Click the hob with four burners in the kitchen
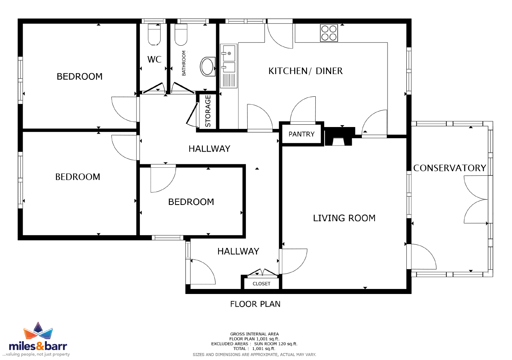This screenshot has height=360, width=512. (329, 33)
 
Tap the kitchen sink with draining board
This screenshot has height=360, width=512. (229, 66)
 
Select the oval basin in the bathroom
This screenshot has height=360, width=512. (207, 66)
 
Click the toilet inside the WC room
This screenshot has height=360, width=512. (154, 34)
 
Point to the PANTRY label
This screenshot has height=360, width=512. (302, 134)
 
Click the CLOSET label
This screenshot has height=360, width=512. (261, 284)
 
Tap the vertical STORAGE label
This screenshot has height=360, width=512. (208, 111)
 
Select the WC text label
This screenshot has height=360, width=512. (154, 59)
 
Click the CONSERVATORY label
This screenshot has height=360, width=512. (449, 168)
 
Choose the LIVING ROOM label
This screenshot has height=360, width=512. (344, 218)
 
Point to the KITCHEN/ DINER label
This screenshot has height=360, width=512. (305, 71)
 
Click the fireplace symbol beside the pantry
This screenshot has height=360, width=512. (340, 136)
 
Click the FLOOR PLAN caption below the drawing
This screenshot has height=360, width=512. (255, 304)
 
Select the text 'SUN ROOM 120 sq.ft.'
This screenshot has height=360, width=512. (276, 344)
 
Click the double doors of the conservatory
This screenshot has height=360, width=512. (476, 200)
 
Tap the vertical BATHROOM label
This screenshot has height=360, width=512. (184, 63)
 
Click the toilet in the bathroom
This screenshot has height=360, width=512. (181, 34)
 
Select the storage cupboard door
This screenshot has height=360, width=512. (192, 114)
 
